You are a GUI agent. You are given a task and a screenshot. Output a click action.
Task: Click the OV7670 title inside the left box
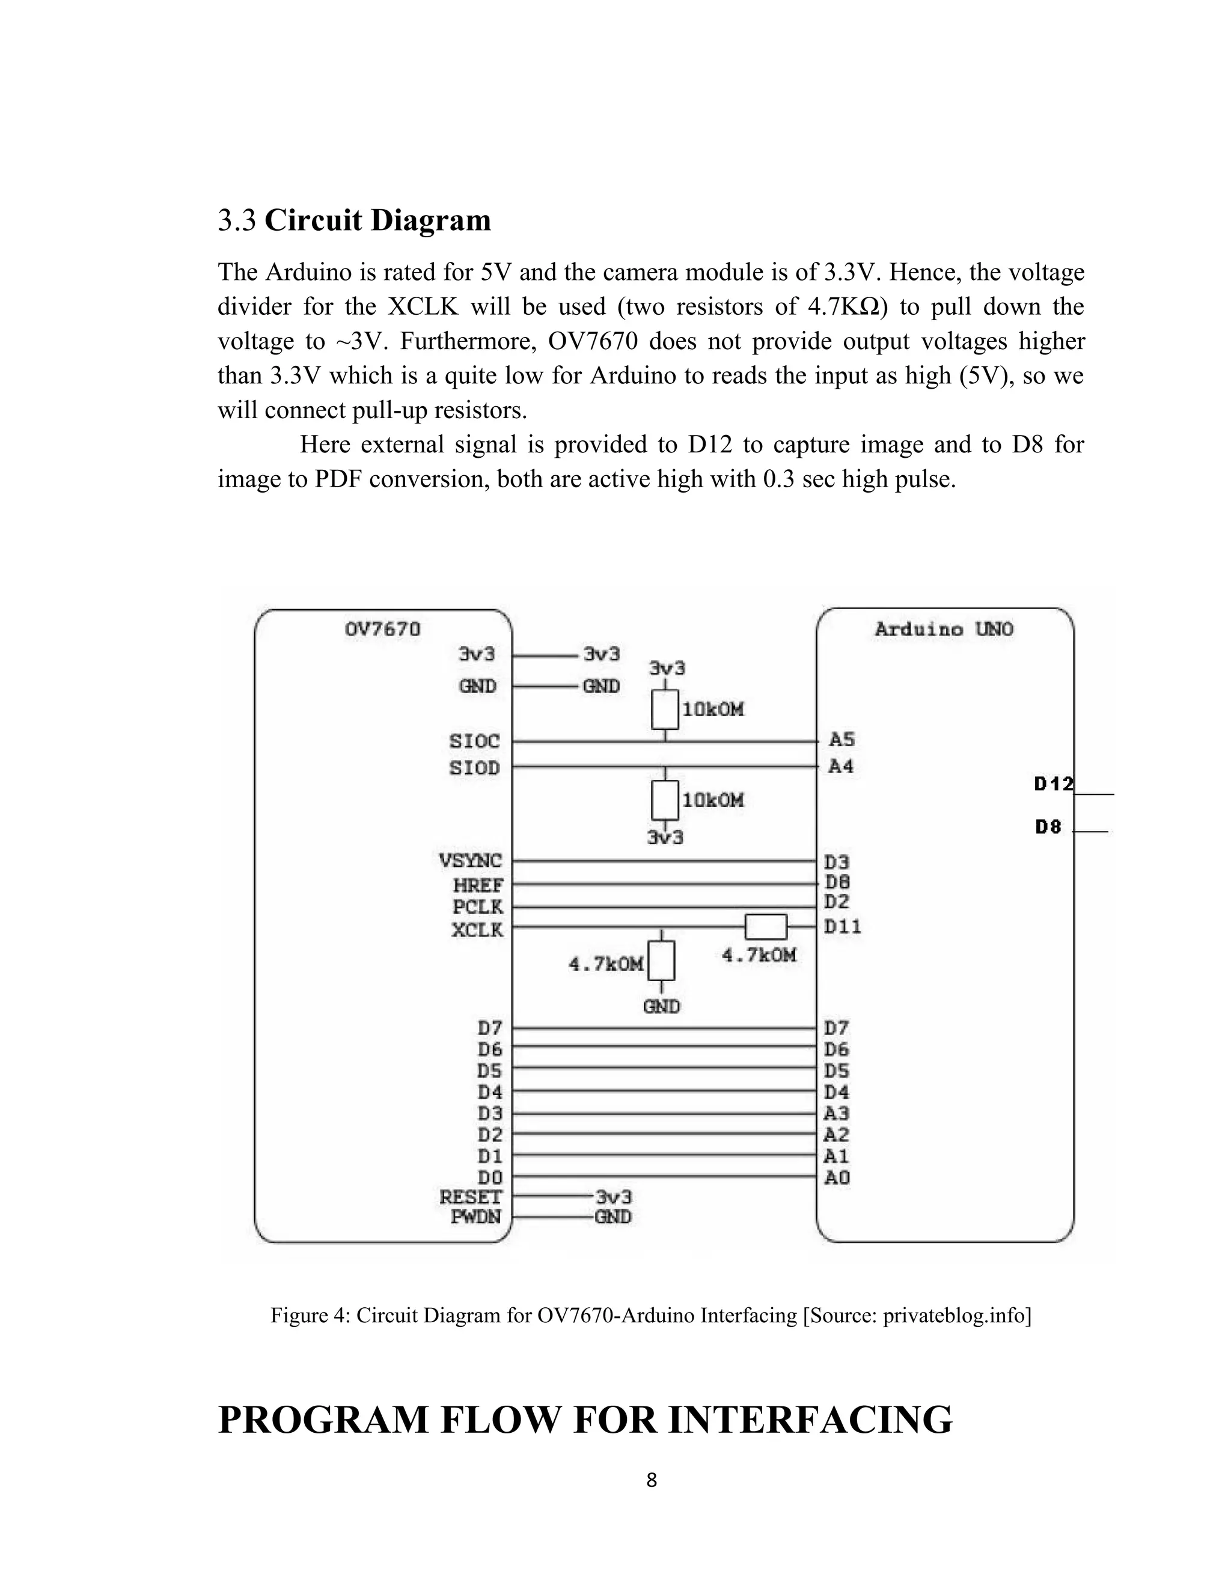pyautogui.click(x=382, y=628)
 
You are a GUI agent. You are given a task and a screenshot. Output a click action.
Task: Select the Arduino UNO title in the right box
pyautogui.click(x=944, y=629)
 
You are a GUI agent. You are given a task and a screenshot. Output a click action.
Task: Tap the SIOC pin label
pyautogui.click(x=475, y=741)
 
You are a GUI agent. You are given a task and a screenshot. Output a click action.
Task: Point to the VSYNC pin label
pyautogui.click(x=471, y=861)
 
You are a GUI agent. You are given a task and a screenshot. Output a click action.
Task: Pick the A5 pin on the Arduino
pyautogui.click(x=842, y=740)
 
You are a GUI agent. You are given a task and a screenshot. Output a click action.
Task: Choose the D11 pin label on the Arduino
pyautogui.click(x=843, y=926)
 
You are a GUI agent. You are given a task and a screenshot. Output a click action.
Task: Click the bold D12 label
pyautogui.click(x=1054, y=785)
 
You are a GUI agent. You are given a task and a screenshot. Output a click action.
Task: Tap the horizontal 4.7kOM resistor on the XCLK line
pyautogui.click(x=766, y=927)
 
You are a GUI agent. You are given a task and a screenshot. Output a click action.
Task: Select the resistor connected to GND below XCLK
pyautogui.click(x=661, y=961)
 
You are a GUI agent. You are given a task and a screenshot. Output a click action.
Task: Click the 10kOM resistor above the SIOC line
pyautogui.click(x=665, y=709)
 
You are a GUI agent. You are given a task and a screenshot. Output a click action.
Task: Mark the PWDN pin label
pyautogui.click(x=475, y=1217)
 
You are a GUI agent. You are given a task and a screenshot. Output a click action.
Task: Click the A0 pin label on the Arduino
pyautogui.click(x=837, y=1177)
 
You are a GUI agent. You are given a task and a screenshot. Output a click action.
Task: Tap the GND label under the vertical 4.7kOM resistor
pyautogui.click(x=661, y=1007)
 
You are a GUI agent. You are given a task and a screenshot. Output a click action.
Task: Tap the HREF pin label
pyautogui.click(x=478, y=885)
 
